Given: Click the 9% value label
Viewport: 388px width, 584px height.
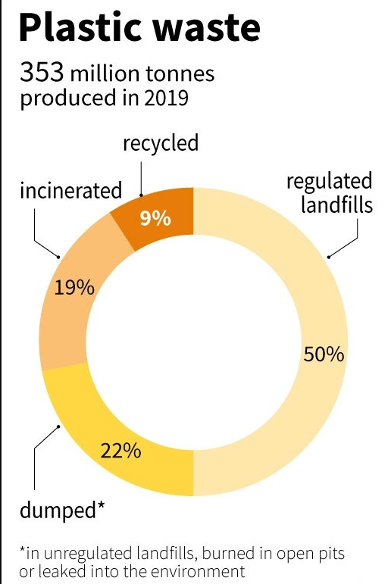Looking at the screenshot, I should (x=156, y=219).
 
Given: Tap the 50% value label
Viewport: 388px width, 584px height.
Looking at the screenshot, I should (x=324, y=354).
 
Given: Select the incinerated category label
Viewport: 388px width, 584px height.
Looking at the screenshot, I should (x=70, y=189).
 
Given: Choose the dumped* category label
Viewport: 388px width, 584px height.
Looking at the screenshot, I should (x=62, y=508).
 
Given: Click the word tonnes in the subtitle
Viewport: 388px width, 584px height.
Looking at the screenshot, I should (x=185, y=74).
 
